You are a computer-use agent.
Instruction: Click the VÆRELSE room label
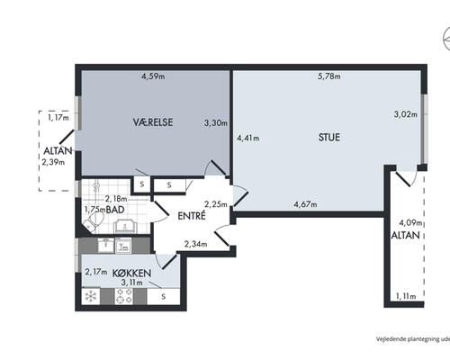coord(153,122)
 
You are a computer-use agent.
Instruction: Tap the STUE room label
coord(329,138)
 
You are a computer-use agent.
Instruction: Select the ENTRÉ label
coord(192,216)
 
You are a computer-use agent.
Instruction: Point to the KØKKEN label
coord(131,274)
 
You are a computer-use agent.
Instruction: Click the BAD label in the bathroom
coord(115,210)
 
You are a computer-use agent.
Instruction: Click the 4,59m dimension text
coord(153,76)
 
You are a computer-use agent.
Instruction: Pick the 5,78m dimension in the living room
coord(329,76)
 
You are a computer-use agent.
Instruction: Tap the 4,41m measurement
coord(248,139)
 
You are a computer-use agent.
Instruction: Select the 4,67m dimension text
coord(305,204)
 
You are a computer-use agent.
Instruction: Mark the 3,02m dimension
coord(405,114)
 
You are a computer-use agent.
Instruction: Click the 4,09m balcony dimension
coord(410,223)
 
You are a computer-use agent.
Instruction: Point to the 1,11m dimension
coord(406,296)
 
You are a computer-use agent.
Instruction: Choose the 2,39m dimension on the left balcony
coord(53,162)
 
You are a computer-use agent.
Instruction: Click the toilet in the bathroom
coord(94,221)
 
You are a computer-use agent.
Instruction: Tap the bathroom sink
coord(125,226)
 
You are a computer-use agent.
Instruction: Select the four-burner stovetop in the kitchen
coord(124,296)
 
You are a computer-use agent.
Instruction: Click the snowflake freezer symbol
coord(91,296)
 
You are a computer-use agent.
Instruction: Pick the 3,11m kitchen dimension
coord(131,283)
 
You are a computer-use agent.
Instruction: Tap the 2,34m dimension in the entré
coord(195,244)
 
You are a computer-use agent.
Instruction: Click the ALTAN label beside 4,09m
coord(406,235)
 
